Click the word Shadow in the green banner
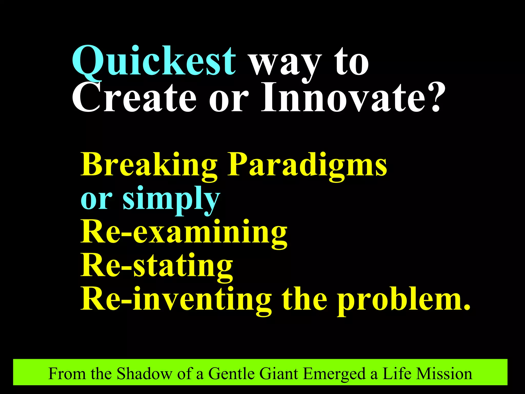[144, 373]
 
